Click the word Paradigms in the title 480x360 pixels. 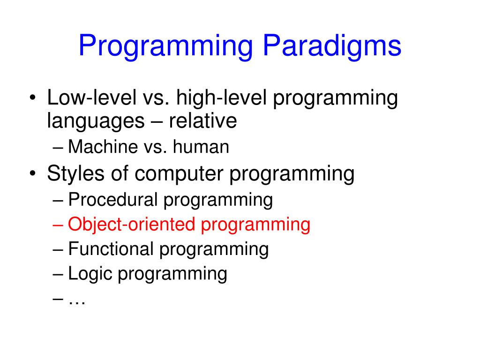332,45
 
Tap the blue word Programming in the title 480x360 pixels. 165,46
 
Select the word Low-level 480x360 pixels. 92,97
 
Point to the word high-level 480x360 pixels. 221,97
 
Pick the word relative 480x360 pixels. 202,120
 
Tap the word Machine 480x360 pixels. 103,146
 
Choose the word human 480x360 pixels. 201,146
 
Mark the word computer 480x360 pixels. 179,173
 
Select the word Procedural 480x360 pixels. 113,200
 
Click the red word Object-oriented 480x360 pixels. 132,225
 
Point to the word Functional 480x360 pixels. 111,248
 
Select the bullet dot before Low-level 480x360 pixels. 33,97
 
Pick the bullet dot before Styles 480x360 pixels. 33,173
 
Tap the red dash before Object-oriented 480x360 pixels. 58,225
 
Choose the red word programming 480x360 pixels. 255,225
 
